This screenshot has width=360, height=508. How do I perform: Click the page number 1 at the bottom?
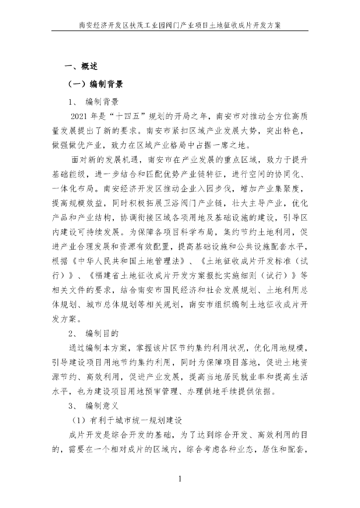click(180, 479)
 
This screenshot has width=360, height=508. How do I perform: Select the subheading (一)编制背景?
click(95, 84)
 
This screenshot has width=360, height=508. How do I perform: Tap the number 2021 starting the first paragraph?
click(82, 117)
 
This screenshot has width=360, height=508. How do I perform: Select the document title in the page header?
click(180, 24)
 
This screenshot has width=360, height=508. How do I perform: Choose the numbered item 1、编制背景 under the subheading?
click(94, 102)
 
